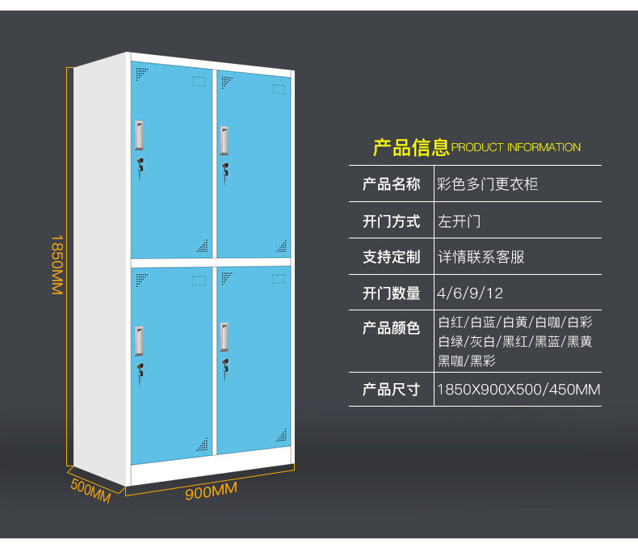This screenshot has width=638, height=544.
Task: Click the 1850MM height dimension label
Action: pyautogui.click(x=57, y=264)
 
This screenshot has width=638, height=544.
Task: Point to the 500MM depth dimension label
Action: pyautogui.click(x=90, y=491)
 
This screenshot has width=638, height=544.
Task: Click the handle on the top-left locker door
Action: pyautogui.click(x=141, y=136)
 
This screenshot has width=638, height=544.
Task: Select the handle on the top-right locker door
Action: pyautogui.click(x=224, y=140)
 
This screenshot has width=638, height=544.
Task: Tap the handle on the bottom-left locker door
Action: pyautogui.click(x=141, y=340)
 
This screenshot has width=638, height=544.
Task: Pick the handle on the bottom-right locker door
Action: pyautogui.click(x=224, y=336)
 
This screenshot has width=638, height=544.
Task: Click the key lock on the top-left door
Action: pyautogui.click(x=141, y=166)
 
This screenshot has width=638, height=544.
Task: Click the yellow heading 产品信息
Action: pyautogui.click(x=410, y=147)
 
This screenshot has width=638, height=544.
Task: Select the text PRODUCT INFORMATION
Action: pyautogui.click(x=516, y=148)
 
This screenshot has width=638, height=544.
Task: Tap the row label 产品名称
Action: pyautogui.click(x=392, y=184)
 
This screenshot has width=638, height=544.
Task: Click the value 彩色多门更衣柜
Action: pyautogui.click(x=487, y=184)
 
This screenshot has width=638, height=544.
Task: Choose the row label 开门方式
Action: pyautogui.click(x=392, y=221)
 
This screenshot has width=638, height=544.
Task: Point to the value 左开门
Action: pyautogui.click(x=459, y=221)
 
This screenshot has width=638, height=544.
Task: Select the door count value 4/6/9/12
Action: pyautogui.click(x=469, y=293)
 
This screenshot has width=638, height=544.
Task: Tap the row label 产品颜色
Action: pyautogui.click(x=392, y=327)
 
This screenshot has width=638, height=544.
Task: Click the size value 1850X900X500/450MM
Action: pyautogui.click(x=518, y=390)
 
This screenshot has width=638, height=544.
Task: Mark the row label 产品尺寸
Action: pyautogui.click(x=392, y=390)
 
